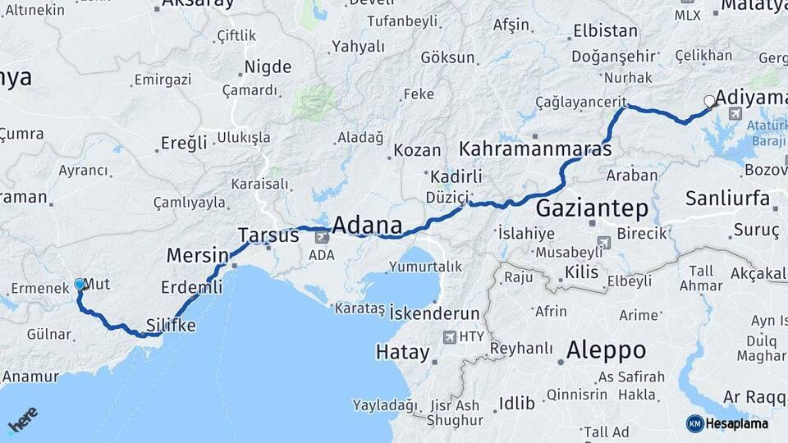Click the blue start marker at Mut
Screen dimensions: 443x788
[x=80, y=285]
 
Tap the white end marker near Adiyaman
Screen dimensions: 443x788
[x=709, y=102]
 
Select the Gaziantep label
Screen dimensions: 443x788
[x=592, y=208]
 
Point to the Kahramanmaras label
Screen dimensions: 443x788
[x=535, y=150]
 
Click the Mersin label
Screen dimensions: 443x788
[x=197, y=255]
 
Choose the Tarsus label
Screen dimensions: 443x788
[x=268, y=235]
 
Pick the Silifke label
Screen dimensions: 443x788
[x=171, y=325]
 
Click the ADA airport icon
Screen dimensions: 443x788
[x=321, y=237]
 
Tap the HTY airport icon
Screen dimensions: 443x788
[x=449, y=336]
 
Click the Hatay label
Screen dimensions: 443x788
[x=402, y=353]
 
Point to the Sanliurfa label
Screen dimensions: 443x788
[x=727, y=199]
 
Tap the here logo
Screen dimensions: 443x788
[x=22, y=420]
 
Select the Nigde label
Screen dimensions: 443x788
[x=268, y=67]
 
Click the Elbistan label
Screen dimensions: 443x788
[x=605, y=31]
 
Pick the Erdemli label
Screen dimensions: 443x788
[x=191, y=287]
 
